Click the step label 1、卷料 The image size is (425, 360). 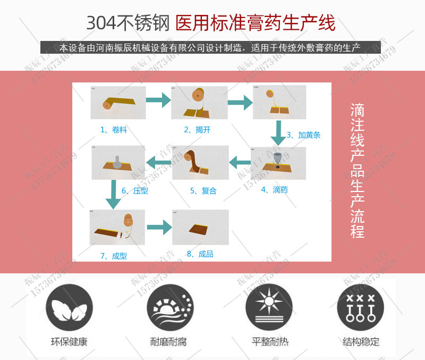[x=113, y=129]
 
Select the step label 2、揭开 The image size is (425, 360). [x=197, y=129]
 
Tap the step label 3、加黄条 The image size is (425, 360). [x=303, y=135]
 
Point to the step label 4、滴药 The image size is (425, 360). [x=274, y=190]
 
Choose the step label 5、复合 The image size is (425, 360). [x=203, y=190]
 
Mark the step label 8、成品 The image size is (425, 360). [x=200, y=254]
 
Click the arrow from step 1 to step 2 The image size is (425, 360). [x=158, y=99]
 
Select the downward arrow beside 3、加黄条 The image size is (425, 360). [x=277, y=133]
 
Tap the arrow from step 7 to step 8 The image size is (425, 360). [x=159, y=228]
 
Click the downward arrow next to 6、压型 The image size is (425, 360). [x=112, y=194]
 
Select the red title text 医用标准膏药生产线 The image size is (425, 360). [x=255, y=23]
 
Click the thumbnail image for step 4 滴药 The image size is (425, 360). [x=278, y=163]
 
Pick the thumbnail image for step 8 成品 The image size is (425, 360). [x=200, y=227]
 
